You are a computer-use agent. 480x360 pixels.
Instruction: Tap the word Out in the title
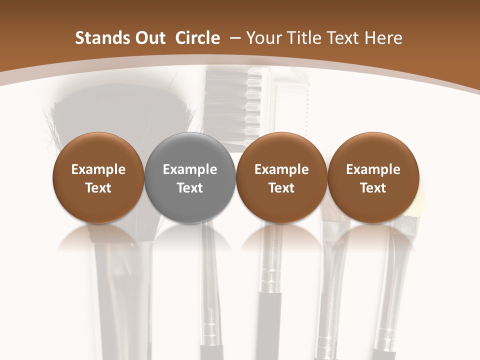click(x=148, y=38)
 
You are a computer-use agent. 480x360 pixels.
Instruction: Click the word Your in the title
click(x=263, y=38)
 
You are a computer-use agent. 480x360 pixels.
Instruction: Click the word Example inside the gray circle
click(x=190, y=170)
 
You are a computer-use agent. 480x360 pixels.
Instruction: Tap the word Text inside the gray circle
click(x=190, y=188)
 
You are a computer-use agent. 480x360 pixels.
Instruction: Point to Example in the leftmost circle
click(x=98, y=170)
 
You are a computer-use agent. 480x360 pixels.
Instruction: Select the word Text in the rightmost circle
click(x=373, y=188)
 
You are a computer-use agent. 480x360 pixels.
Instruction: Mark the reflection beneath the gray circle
click(x=190, y=237)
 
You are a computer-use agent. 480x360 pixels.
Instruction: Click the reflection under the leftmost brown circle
click(x=98, y=237)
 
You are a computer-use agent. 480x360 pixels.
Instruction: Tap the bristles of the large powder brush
click(x=120, y=115)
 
